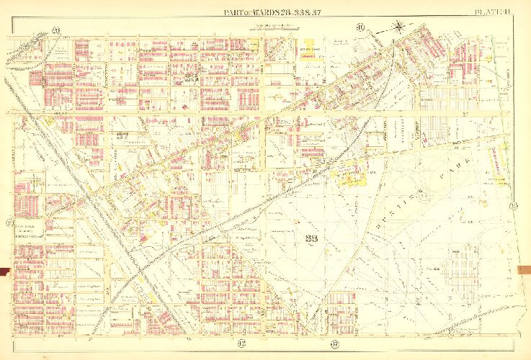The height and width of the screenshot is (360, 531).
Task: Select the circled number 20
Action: pos(55,30)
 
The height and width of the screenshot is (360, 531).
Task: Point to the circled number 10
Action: pos(360,29)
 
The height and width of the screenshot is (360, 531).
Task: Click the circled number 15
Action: pos(9,222)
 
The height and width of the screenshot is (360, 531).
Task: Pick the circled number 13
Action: pos(514,207)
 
